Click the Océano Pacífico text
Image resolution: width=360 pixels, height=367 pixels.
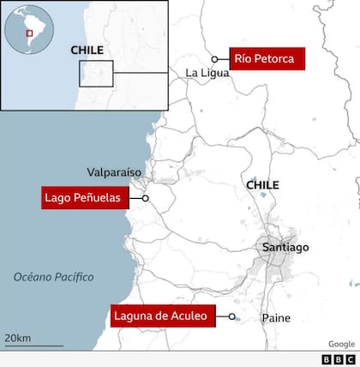53,277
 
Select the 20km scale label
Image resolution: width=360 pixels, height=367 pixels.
18,337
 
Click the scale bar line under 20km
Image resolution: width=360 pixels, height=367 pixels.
33,346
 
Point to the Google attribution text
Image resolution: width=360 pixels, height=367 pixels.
340,343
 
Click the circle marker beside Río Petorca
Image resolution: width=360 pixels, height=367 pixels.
215,59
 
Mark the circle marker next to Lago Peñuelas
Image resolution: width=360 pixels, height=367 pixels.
146,199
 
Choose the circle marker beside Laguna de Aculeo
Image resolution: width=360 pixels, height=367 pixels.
232,317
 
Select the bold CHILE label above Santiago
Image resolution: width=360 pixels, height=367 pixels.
262,184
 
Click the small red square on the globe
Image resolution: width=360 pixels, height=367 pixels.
29,33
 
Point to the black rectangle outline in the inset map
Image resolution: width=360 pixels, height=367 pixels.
96,73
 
